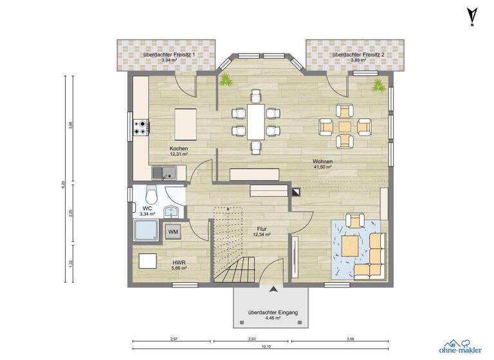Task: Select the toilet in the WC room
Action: [151, 194]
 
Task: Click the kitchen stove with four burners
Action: [141, 127]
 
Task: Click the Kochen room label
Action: [178, 151]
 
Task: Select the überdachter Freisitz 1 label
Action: [165, 55]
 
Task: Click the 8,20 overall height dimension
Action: [63, 184]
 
